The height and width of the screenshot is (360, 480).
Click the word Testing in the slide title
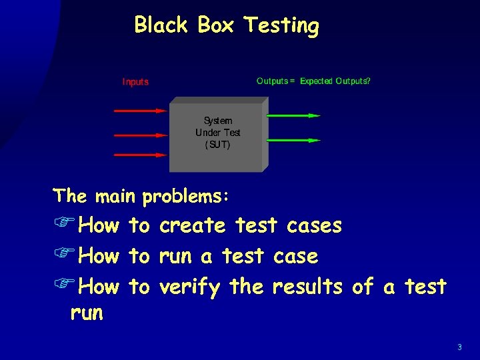[281, 26]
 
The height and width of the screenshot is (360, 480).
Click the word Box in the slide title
[215, 25]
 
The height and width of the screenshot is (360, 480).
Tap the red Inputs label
[135, 82]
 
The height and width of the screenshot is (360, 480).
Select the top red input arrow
[140, 111]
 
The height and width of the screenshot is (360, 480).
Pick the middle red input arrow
[140, 135]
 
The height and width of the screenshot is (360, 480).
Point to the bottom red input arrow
[140, 155]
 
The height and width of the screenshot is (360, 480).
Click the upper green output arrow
[293, 115]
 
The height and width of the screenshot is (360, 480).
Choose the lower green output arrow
[293, 140]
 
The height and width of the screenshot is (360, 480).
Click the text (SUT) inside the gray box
[217, 145]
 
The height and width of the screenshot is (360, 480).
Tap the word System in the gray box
[218, 121]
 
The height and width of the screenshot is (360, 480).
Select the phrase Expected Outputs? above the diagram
[335, 81]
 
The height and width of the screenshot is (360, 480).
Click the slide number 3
[459, 347]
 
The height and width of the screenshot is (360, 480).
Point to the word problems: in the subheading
[186, 197]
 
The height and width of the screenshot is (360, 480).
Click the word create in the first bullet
[193, 225]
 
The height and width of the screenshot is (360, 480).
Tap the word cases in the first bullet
[314, 225]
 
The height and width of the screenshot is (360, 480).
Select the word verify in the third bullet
[190, 287]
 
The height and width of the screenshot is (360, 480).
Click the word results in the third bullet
[307, 287]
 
